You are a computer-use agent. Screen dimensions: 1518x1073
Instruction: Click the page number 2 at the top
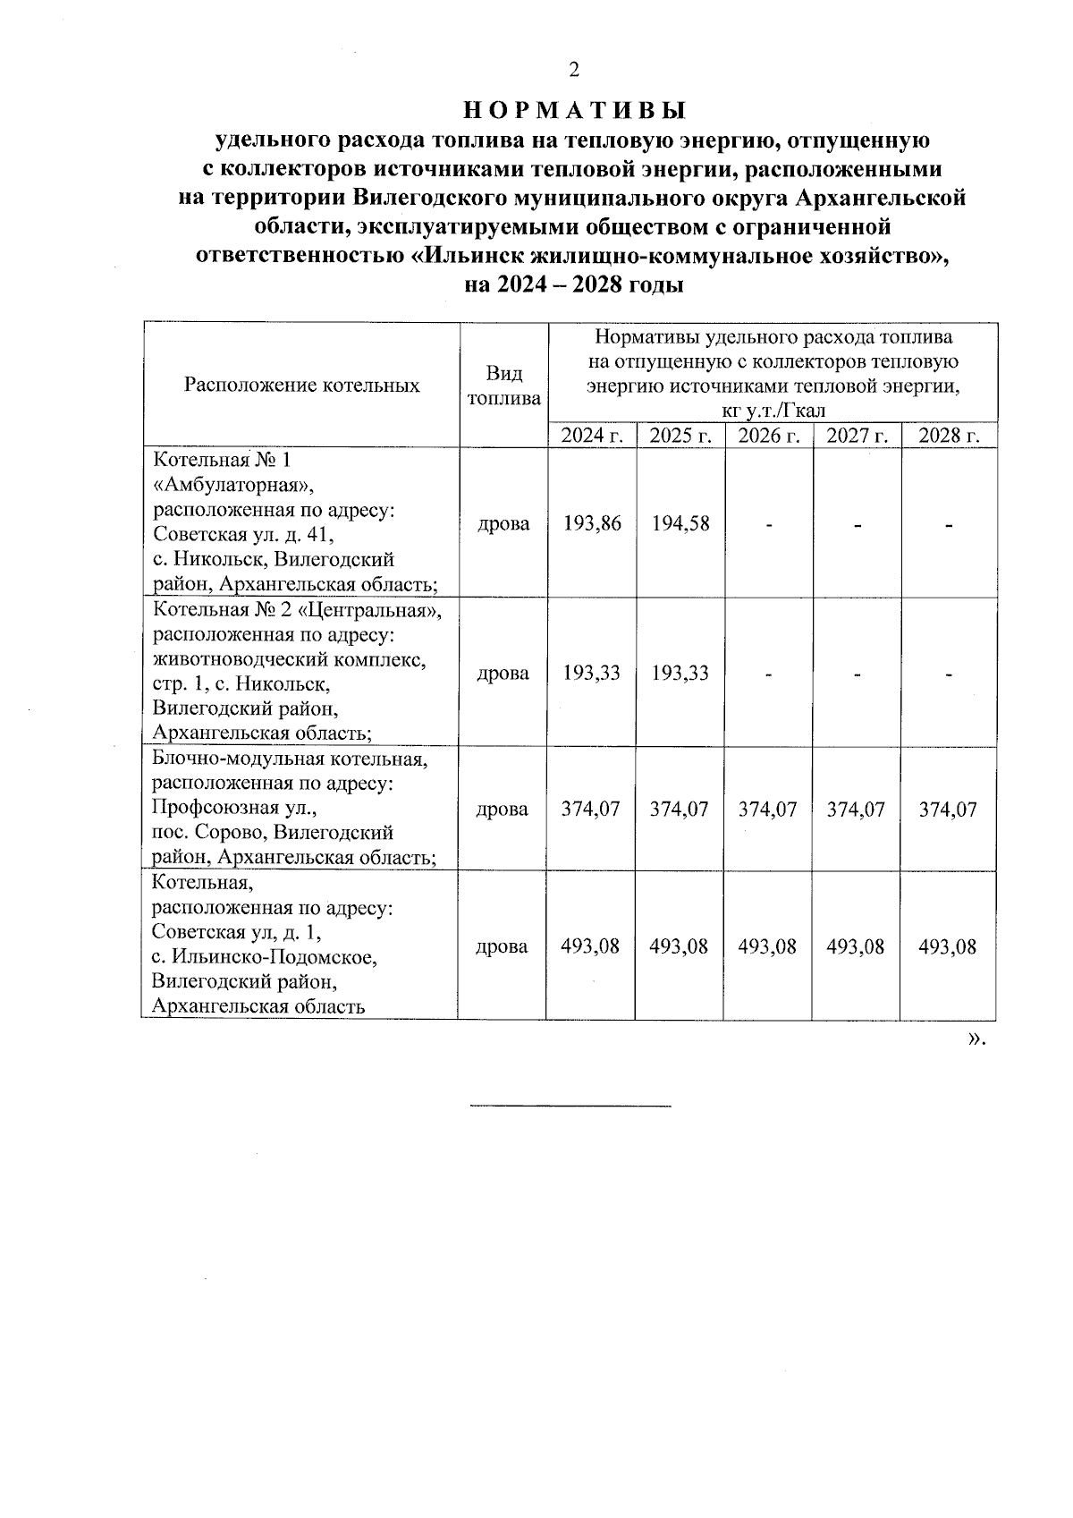[x=574, y=70]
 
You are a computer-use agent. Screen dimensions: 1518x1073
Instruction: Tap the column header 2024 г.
[x=592, y=436]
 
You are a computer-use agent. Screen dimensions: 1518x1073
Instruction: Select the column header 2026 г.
[x=769, y=436]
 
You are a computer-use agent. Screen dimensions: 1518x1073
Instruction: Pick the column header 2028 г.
[x=949, y=436]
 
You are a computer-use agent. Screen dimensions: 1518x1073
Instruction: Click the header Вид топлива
[x=504, y=386]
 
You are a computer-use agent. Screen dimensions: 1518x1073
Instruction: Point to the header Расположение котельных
[x=302, y=386]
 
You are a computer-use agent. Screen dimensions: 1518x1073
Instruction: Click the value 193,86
[x=592, y=523]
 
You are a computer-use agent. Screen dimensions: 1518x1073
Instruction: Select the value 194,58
[x=680, y=523]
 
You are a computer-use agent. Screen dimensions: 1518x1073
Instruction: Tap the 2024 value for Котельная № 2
[x=592, y=673]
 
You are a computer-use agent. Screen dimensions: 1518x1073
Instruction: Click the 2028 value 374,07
[x=948, y=810]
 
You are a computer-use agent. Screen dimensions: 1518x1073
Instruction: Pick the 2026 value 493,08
[x=767, y=946]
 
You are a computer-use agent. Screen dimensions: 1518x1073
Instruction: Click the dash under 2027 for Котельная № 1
[x=857, y=525]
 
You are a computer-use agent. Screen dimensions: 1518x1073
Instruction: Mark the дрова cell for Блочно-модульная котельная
[x=503, y=810]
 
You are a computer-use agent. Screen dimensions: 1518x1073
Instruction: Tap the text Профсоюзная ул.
[x=235, y=809]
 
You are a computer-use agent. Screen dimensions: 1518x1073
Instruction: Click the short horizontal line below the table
[x=570, y=1107]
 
